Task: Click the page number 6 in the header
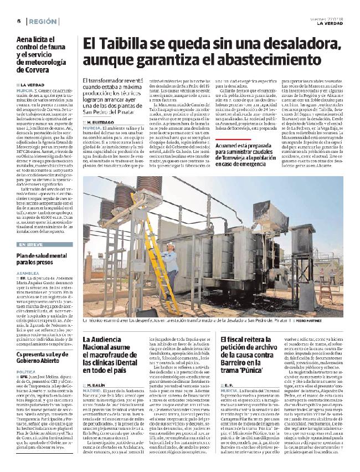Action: coord(19,20)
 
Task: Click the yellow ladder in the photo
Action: coord(160,253)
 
